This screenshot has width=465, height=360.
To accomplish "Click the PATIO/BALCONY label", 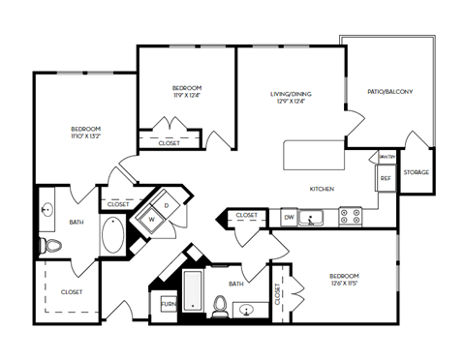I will click(x=391, y=92).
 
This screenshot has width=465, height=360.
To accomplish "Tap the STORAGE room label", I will click(x=417, y=172).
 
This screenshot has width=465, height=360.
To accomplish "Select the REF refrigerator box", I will click(x=385, y=179).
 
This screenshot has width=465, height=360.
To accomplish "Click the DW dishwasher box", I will click(x=289, y=217).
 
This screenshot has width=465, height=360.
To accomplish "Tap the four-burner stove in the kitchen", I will click(x=351, y=217).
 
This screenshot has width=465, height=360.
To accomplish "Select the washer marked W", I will click(x=152, y=220).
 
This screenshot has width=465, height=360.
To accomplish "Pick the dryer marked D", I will click(x=167, y=205).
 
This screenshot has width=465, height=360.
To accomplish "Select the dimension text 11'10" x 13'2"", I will click(x=85, y=138).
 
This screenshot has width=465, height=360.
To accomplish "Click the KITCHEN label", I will click(x=322, y=189).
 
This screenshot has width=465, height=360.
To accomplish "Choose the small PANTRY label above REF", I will click(x=385, y=156).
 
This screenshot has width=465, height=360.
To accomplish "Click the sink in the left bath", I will click(x=47, y=208).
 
